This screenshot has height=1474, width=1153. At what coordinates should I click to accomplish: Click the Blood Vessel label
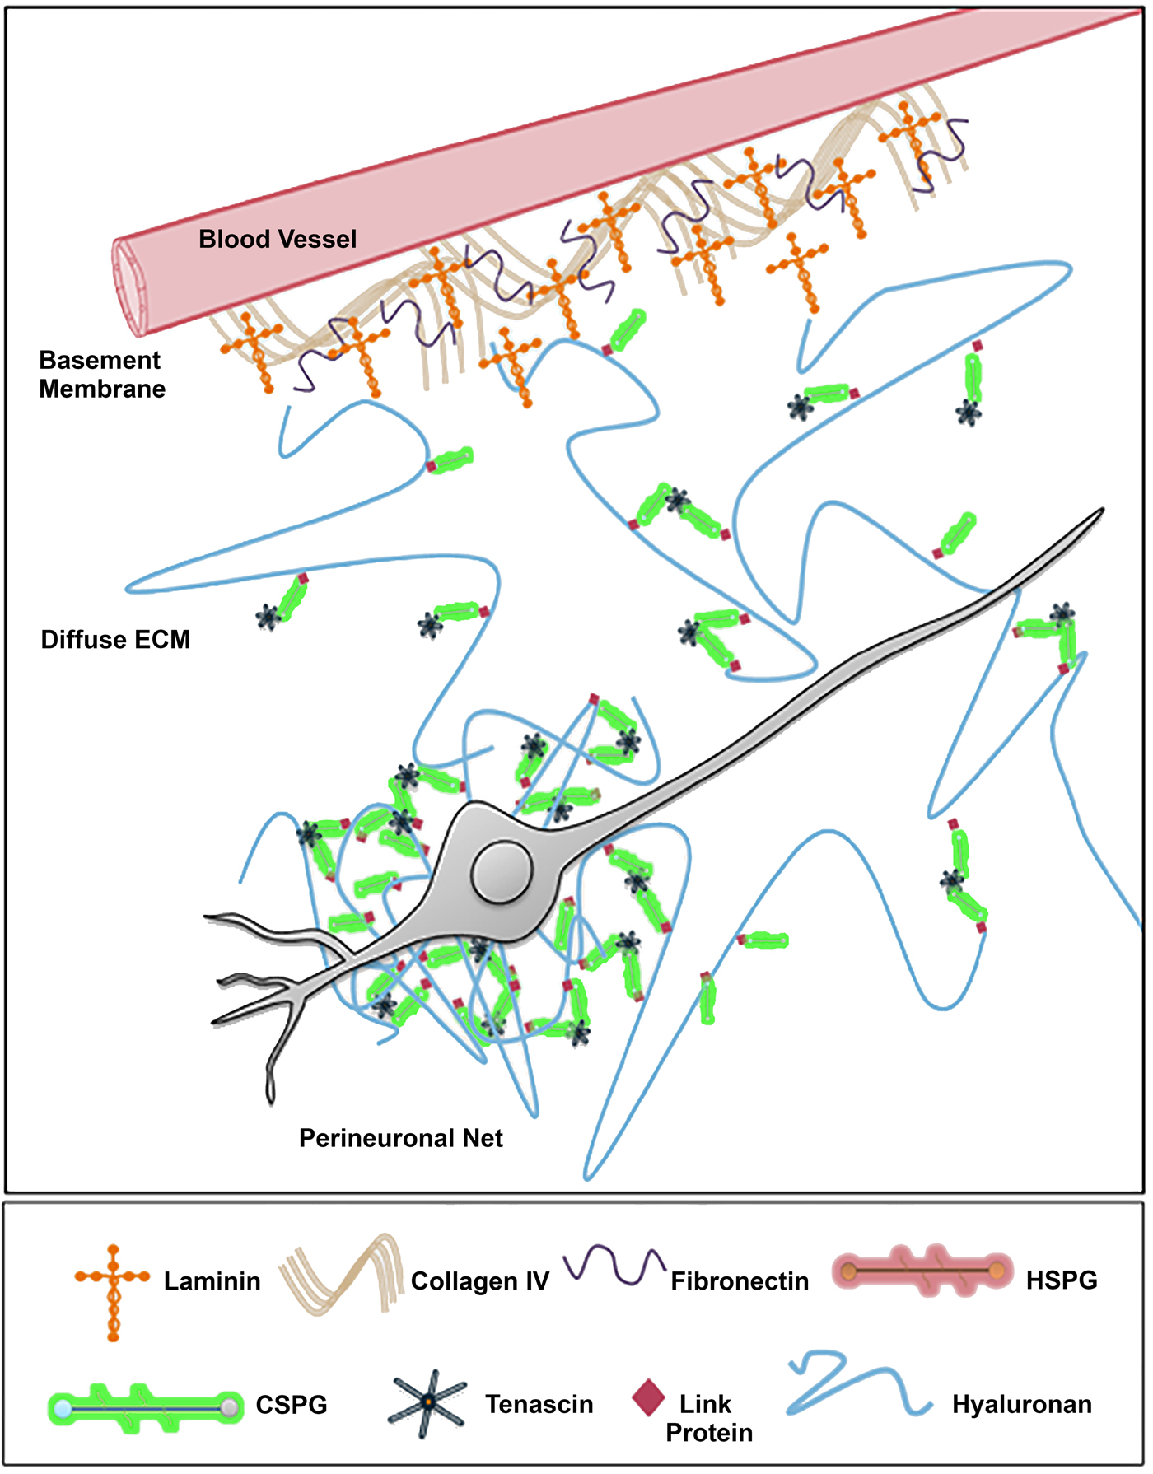[278, 240]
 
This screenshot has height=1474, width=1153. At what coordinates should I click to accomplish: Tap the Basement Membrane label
[101, 375]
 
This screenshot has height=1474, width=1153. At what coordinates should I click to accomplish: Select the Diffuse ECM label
[115, 640]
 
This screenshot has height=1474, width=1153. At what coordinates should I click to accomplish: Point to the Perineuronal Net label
[400, 1138]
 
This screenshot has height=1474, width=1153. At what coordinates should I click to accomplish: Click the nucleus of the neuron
[501, 871]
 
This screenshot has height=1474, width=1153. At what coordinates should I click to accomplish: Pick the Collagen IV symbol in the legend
[342, 1272]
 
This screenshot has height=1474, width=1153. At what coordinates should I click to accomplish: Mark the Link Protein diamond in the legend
[648, 1397]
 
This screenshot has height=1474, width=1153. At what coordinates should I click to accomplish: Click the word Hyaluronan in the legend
[1021, 1404]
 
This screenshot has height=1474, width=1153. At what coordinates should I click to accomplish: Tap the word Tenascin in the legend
[539, 1404]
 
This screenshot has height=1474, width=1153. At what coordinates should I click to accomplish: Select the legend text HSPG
[1061, 1280]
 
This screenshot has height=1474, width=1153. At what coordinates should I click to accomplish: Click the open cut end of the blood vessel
[130, 287]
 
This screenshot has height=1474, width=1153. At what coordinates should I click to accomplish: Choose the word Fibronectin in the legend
[740, 1281]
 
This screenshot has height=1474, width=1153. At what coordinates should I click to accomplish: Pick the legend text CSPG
[292, 1405]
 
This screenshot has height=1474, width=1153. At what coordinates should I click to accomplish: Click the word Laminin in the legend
[212, 1281]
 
